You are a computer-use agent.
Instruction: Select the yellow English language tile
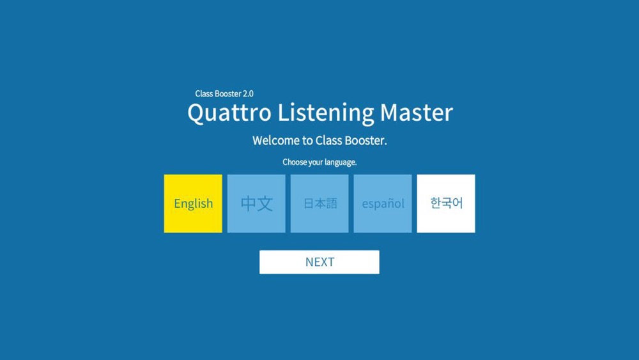click(x=193, y=203)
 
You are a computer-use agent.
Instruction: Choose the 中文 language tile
click(x=256, y=203)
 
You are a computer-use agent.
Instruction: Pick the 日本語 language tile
click(x=319, y=203)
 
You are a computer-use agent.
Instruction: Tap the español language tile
click(x=383, y=203)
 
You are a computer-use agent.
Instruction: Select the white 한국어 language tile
click(x=446, y=203)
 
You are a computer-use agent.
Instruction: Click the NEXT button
click(x=319, y=262)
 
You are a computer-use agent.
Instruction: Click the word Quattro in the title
click(x=229, y=113)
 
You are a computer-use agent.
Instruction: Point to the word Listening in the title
click(x=325, y=113)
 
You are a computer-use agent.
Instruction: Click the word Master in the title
click(x=416, y=113)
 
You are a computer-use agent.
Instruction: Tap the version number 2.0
click(x=248, y=94)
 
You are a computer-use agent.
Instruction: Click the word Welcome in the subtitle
click(x=276, y=141)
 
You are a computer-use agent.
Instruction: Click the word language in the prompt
click(x=341, y=162)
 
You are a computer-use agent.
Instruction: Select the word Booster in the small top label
click(x=228, y=94)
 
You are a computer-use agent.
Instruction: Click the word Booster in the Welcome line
click(x=366, y=141)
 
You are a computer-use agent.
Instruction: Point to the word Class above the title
click(x=204, y=94)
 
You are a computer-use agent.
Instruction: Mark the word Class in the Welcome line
click(x=328, y=141)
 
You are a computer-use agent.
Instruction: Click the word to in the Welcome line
click(x=307, y=141)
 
